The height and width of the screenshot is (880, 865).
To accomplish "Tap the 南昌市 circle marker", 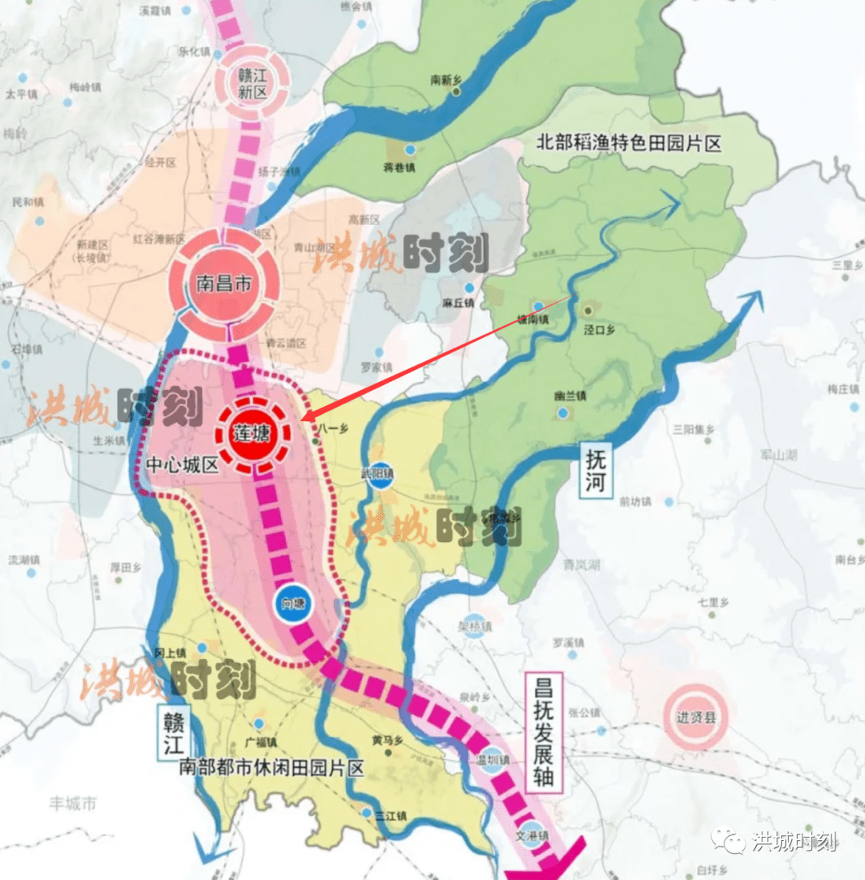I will pos(223,284).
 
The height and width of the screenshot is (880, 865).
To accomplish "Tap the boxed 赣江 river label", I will pos(171,725).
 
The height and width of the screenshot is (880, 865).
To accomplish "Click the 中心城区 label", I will pos(183,465).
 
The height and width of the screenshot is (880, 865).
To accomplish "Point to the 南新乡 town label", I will pos(447,80).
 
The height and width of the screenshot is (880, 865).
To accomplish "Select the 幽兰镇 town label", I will pos(569,396).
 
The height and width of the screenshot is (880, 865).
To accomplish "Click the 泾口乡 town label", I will pos(598,328).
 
